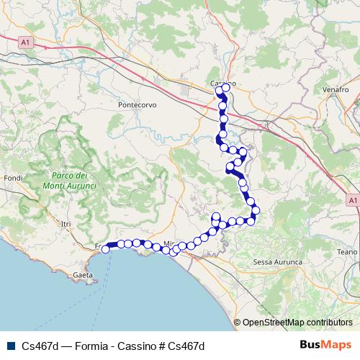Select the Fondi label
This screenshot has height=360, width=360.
click(14, 177)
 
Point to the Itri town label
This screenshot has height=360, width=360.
click(67, 225)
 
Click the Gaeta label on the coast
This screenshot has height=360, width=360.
click(83, 275)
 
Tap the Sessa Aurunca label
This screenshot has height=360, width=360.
click(277, 263)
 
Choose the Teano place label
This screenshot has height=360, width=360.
click(346, 251)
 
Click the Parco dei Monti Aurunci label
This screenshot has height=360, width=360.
click(70, 181)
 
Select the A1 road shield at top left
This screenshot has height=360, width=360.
click(26, 43)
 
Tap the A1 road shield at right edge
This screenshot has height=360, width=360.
click(352, 199)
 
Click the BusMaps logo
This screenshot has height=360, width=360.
click(325, 346)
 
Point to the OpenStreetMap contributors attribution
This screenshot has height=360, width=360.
click(297, 323)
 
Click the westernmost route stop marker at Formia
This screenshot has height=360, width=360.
click(106, 249)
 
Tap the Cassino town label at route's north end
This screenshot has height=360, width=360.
click(222, 84)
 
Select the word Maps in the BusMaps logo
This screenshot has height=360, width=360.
click(336, 346)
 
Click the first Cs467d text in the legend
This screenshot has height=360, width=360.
click(39, 346)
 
